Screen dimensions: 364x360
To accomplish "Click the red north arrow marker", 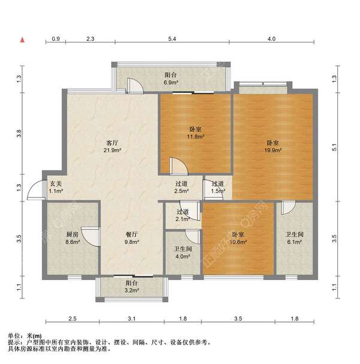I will pyautogui.click(x=23, y=41).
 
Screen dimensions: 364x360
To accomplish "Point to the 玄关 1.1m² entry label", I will pyautogui.click(x=56, y=188).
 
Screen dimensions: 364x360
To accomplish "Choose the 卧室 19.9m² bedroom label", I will pyautogui.click(x=273, y=147).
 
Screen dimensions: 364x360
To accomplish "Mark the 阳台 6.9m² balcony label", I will pyautogui.click(x=171, y=79).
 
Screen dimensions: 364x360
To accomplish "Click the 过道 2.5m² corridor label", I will pyautogui.click(x=182, y=188).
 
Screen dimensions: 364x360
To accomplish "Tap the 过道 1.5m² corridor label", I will pyautogui.click(x=218, y=188).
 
